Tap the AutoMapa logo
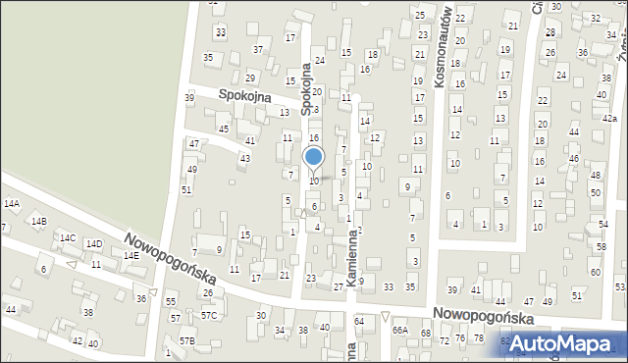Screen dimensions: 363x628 [563, 343]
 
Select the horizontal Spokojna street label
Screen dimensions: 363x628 [244, 95]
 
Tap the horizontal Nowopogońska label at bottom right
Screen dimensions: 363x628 [482, 319]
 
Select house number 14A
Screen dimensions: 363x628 [12, 204]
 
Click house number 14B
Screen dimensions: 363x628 [38, 222]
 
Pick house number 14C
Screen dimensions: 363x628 [68, 238]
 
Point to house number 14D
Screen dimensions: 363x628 [94, 244]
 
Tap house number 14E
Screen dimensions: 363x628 [131, 255]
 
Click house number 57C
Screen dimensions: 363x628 [209, 316]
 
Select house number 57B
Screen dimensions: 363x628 [186, 340]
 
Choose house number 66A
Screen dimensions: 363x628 [399, 331]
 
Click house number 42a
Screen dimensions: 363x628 [609, 117]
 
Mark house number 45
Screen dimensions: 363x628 [224, 130]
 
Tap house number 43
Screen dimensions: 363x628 [244, 158]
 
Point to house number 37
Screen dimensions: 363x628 [257, 49]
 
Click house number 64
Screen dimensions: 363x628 [359, 322]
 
